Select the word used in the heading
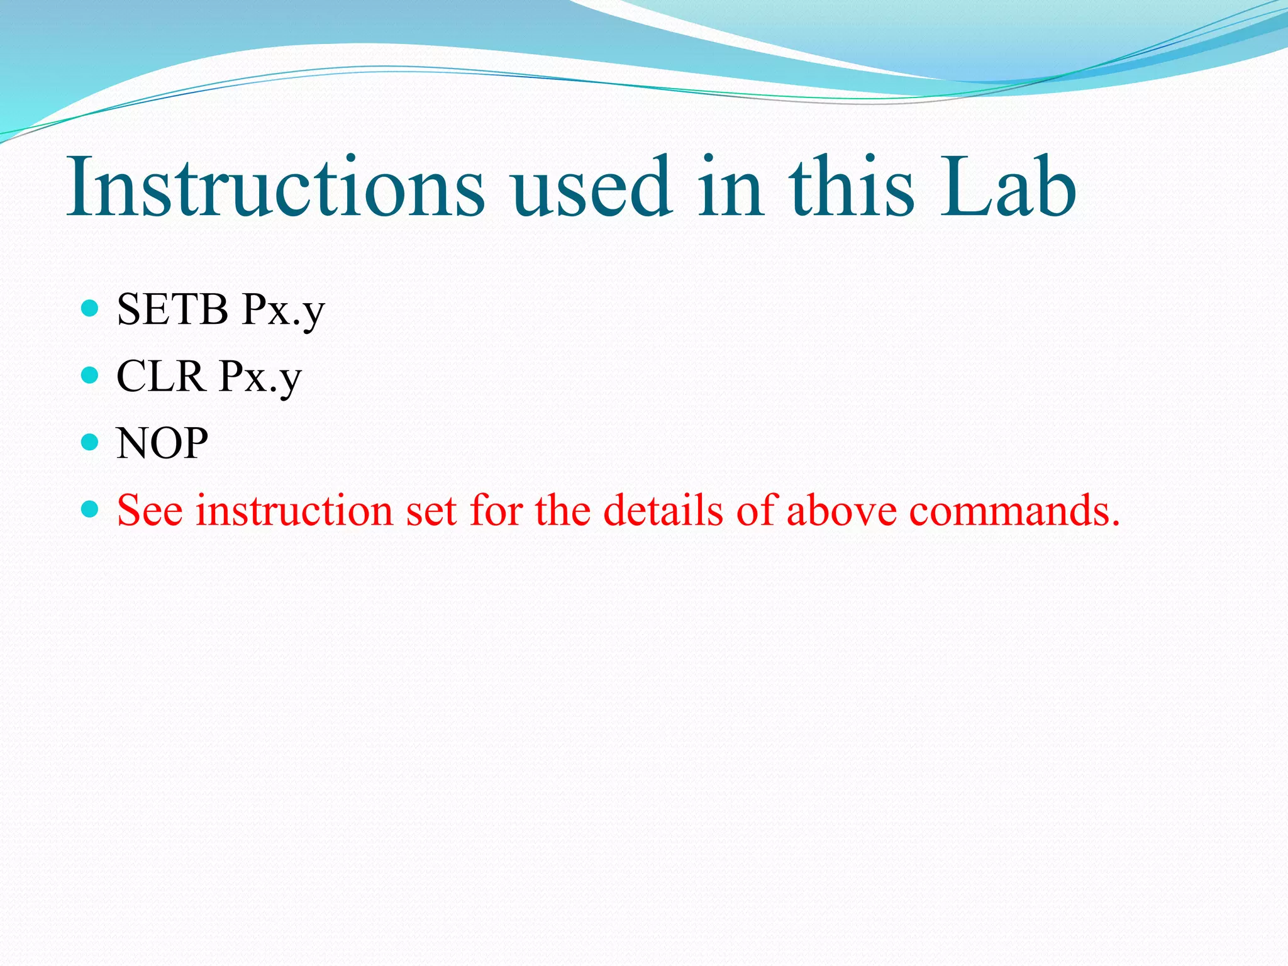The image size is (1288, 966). pos(591,187)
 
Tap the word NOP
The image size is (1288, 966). pos(162,443)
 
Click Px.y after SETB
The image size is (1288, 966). pos(284,311)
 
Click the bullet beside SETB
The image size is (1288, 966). pos(91,308)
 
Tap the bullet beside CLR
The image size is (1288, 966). pos(91,375)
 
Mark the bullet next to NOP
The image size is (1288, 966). pos(91,442)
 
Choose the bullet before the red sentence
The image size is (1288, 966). pos(91,509)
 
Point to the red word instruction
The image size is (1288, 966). pos(294,510)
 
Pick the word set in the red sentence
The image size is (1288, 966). pos(431,510)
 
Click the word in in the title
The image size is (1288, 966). pos(731,187)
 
